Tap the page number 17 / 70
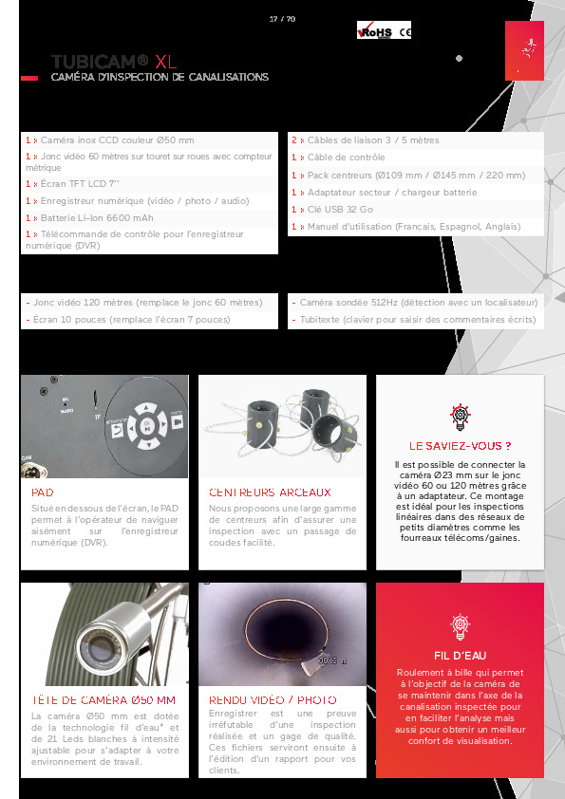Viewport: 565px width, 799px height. click(x=282, y=18)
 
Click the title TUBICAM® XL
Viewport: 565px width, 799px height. click(x=114, y=62)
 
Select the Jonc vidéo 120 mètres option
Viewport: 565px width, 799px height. click(x=143, y=303)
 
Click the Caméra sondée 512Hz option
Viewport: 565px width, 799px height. click(x=417, y=303)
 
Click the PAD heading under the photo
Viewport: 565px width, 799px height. click(x=43, y=492)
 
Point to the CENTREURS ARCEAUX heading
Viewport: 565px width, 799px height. click(x=270, y=492)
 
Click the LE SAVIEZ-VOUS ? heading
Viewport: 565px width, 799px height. click(x=461, y=445)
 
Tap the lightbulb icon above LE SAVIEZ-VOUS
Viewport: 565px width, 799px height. click(x=461, y=415)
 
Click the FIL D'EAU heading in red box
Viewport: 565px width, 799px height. click(x=461, y=654)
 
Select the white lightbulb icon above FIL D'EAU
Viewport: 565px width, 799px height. click(x=461, y=624)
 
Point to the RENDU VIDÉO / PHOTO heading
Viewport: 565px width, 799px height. click(x=273, y=700)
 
